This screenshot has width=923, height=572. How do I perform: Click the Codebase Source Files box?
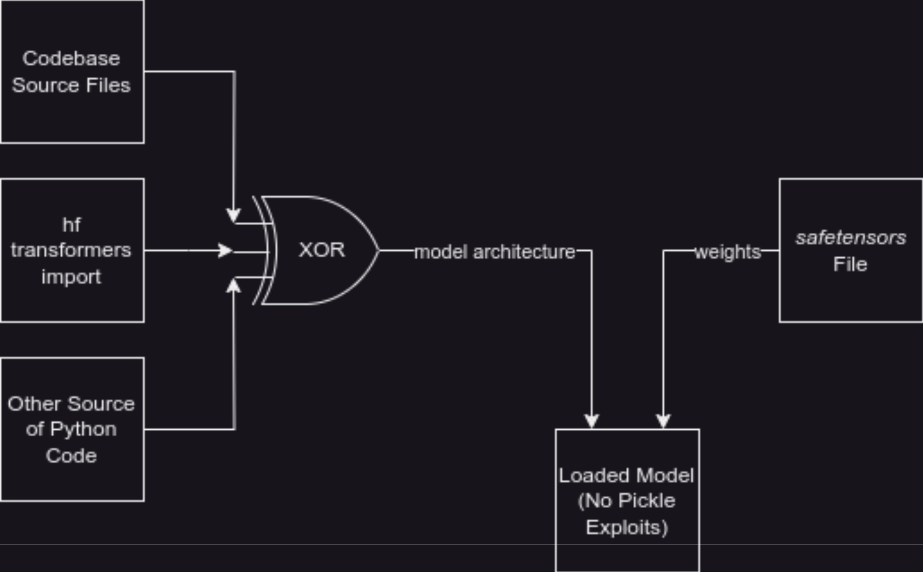(72, 71)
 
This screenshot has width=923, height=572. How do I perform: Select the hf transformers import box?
(72, 250)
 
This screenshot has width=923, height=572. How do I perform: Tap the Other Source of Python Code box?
(72, 429)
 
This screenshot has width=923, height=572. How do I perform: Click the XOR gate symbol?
(322, 250)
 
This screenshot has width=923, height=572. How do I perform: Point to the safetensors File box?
(850, 250)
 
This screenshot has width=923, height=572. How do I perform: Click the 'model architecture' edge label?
(495, 252)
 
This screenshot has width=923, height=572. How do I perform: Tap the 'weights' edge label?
(728, 252)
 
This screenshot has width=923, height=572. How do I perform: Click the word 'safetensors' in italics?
(851, 238)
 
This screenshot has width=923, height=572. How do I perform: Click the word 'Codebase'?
(71, 58)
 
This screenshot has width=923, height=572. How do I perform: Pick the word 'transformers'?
(71, 250)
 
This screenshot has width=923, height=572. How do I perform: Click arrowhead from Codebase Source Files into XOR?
(233, 215)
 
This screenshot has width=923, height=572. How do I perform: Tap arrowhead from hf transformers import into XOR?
(226, 251)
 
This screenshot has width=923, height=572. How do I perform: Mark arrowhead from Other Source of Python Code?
(233, 286)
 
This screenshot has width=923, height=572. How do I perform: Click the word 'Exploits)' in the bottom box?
(627, 527)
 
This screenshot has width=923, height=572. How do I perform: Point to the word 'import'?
(71, 277)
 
